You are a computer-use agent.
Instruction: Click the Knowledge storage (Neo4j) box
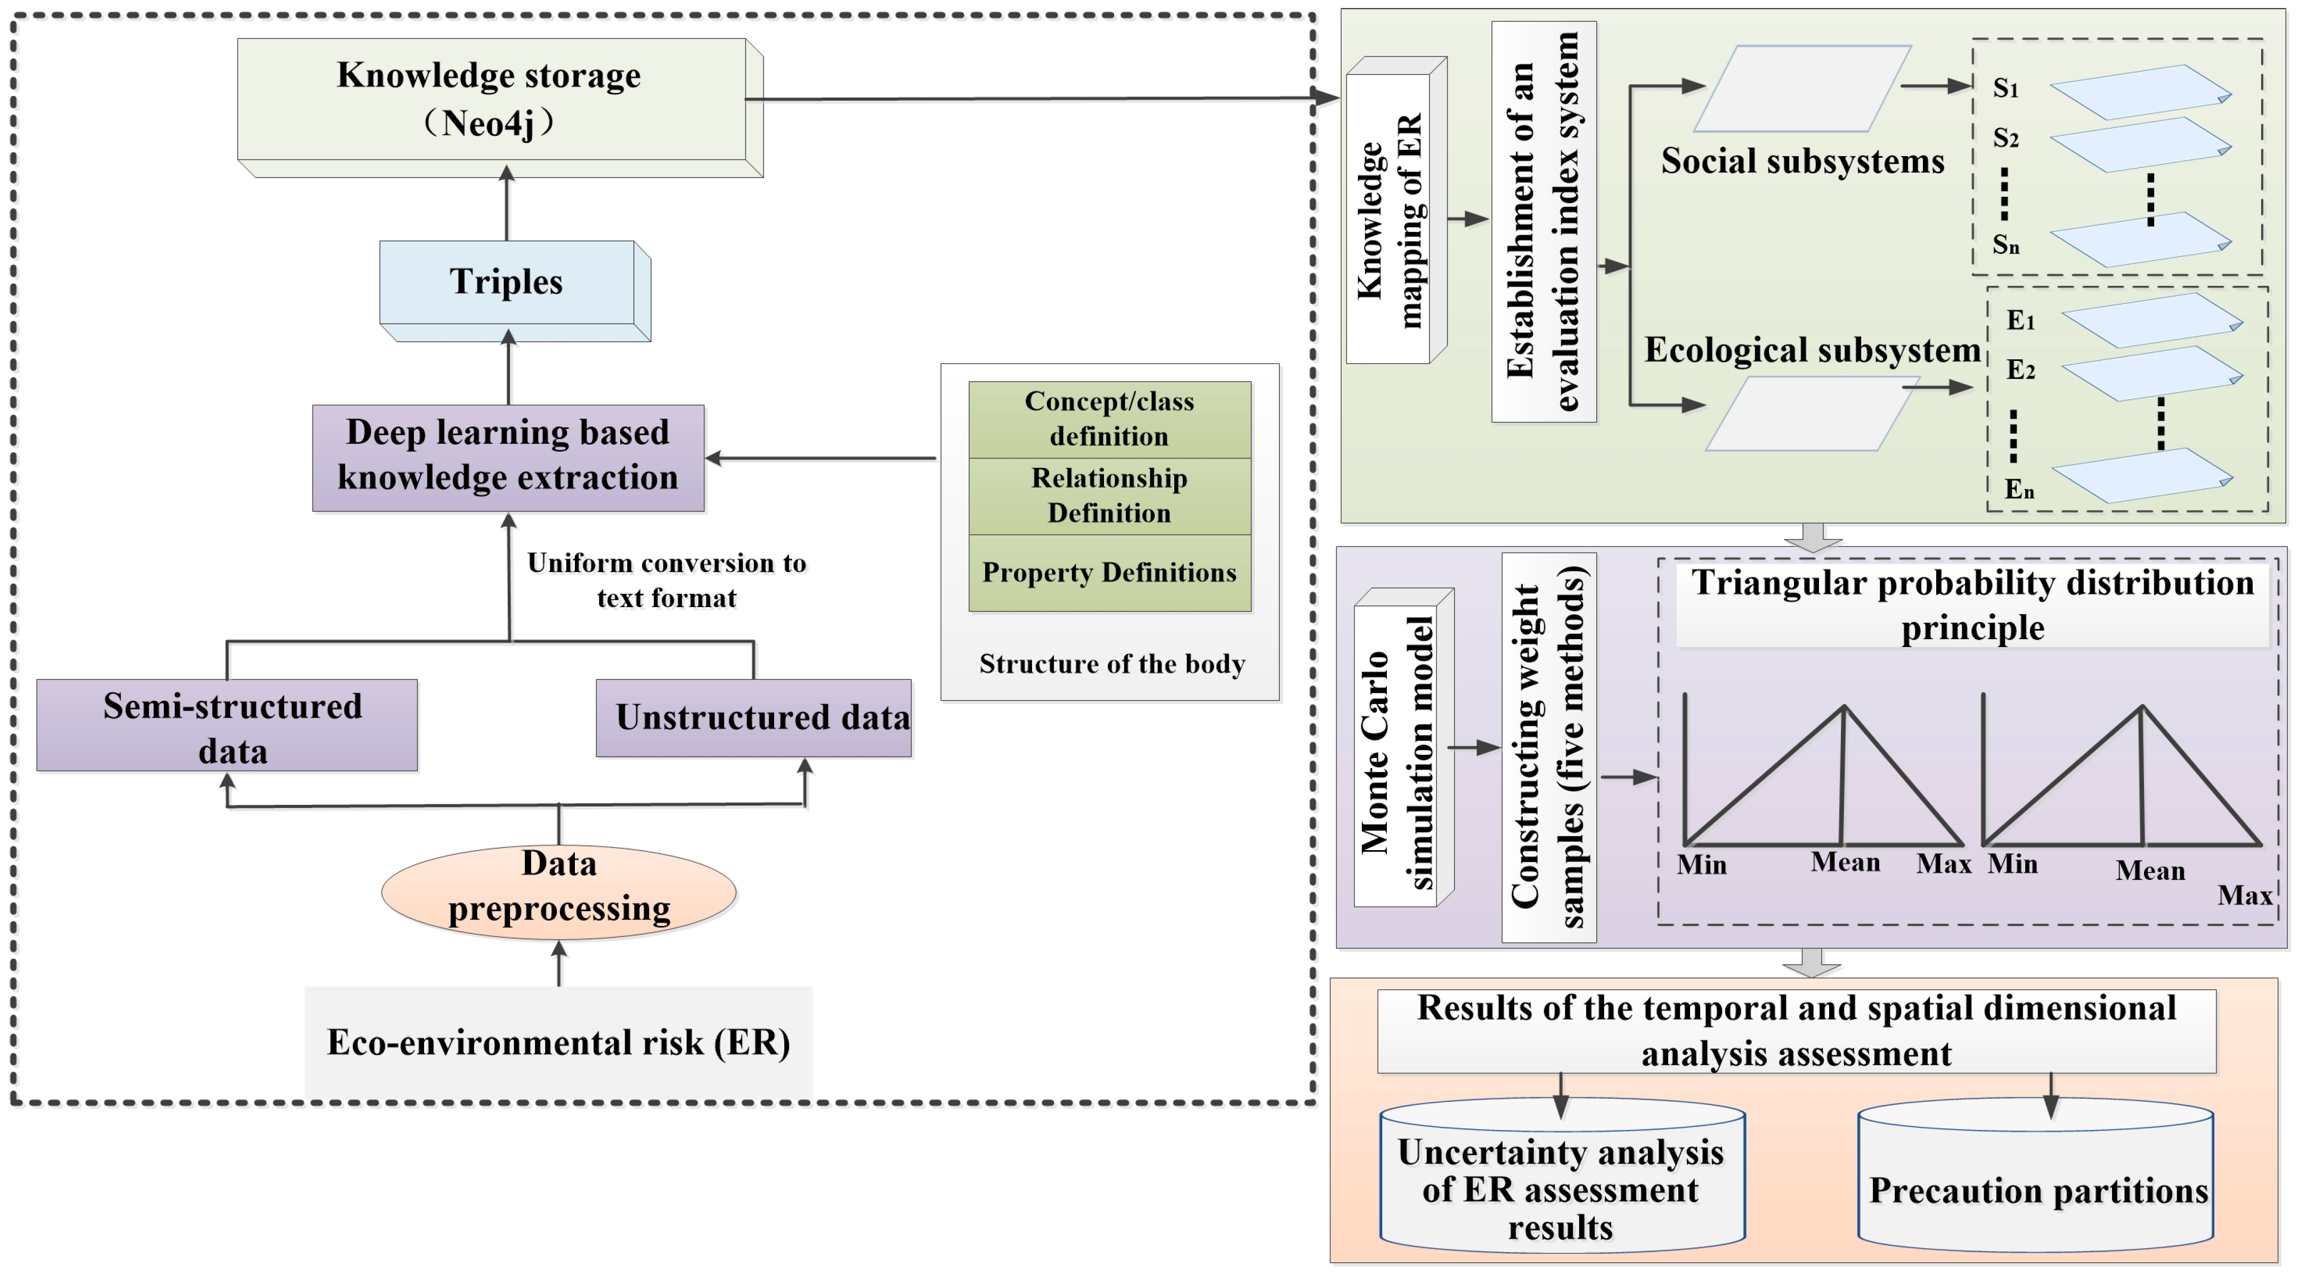click(x=491, y=100)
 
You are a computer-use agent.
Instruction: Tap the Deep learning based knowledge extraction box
click(x=508, y=456)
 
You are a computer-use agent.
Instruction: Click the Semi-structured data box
click(x=228, y=725)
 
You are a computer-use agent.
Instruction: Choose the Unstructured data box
click(x=754, y=718)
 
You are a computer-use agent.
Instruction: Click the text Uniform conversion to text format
click(x=667, y=580)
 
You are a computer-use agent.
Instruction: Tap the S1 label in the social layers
click(x=2005, y=88)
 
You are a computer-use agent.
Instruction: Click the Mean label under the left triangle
click(x=1845, y=863)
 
